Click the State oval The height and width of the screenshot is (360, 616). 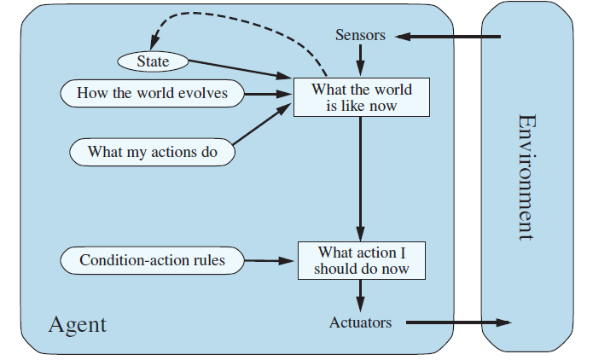pos(153,61)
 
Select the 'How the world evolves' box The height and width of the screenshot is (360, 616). pos(152,93)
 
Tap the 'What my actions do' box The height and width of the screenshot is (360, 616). pos(152,153)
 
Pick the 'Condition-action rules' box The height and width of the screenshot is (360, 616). pos(152,260)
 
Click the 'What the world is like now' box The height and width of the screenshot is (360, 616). pos(361,97)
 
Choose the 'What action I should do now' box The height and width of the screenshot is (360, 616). pos(361,260)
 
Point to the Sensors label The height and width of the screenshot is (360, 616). pos(360,36)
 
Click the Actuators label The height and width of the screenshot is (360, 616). pos(360,322)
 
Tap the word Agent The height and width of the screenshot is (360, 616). pos(78,324)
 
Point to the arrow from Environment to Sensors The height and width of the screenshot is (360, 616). pos(448,37)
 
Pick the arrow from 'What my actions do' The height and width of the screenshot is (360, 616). pos(260,126)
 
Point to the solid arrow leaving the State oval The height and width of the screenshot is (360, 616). pos(239,71)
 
